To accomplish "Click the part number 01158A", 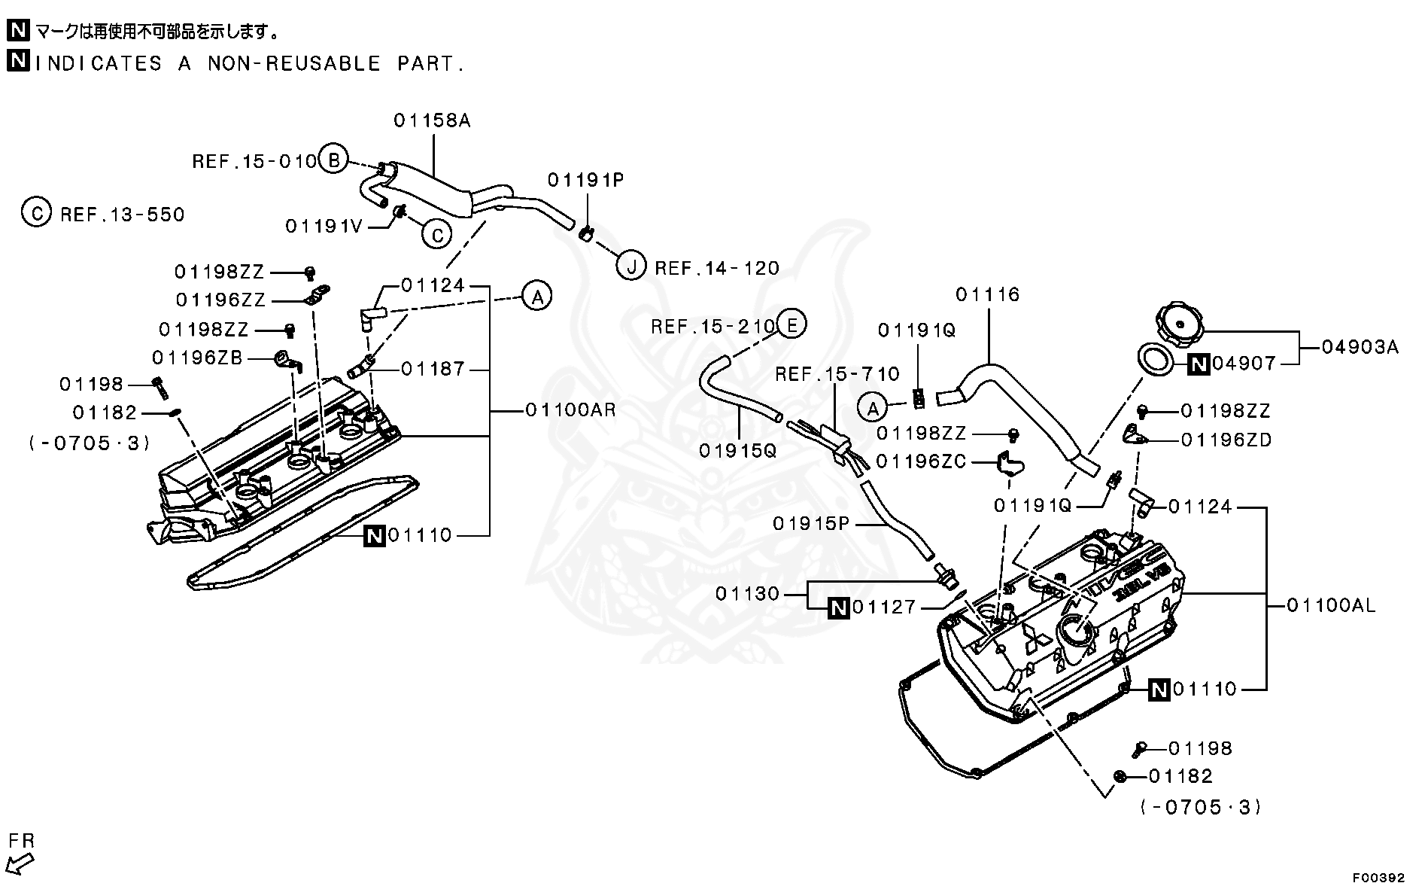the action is point(432,120).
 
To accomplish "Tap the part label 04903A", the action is point(1360,347).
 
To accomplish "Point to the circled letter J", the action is point(630,266).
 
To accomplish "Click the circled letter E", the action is point(791,324).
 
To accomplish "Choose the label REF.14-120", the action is point(717,268).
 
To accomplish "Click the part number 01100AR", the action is point(570,410).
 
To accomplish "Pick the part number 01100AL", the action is point(1331,605).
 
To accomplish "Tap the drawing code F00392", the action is point(1379,877).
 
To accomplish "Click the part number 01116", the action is point(987,294).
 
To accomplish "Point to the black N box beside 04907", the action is point(1199,364).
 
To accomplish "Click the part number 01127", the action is point(884,607).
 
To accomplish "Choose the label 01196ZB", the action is point(197,358).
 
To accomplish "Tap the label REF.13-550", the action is point(122,215).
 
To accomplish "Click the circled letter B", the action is point(333,159).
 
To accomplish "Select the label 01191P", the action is point(585,180).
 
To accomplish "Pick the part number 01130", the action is point(747,594).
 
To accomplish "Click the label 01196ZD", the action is point(1226,440).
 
